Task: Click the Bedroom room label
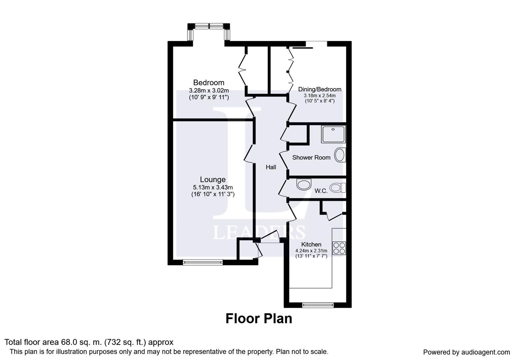(x=209, y=83)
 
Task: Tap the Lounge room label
(x=213, y=179)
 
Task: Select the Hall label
(x=271, y=167)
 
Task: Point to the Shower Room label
(x=311, y=158)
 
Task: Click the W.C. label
(x=321, y=191)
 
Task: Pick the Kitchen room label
(x=311, y=244)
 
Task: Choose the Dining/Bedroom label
(x=319, y=89)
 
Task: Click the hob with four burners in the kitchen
(x=339, y=248)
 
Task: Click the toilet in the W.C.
(x=338, y=188)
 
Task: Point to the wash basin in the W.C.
(x=304, y=185)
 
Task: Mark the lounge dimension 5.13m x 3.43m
(x=213, y=188)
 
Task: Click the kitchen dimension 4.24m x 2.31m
(x=311, y=250)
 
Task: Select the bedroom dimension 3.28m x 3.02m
(x=209, y=90)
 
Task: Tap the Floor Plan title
(x=259, y=319)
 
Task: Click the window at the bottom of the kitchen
(x=318, y=305)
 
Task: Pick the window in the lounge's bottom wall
(x=203, y=262)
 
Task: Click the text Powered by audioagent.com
(x=466, y=352)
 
